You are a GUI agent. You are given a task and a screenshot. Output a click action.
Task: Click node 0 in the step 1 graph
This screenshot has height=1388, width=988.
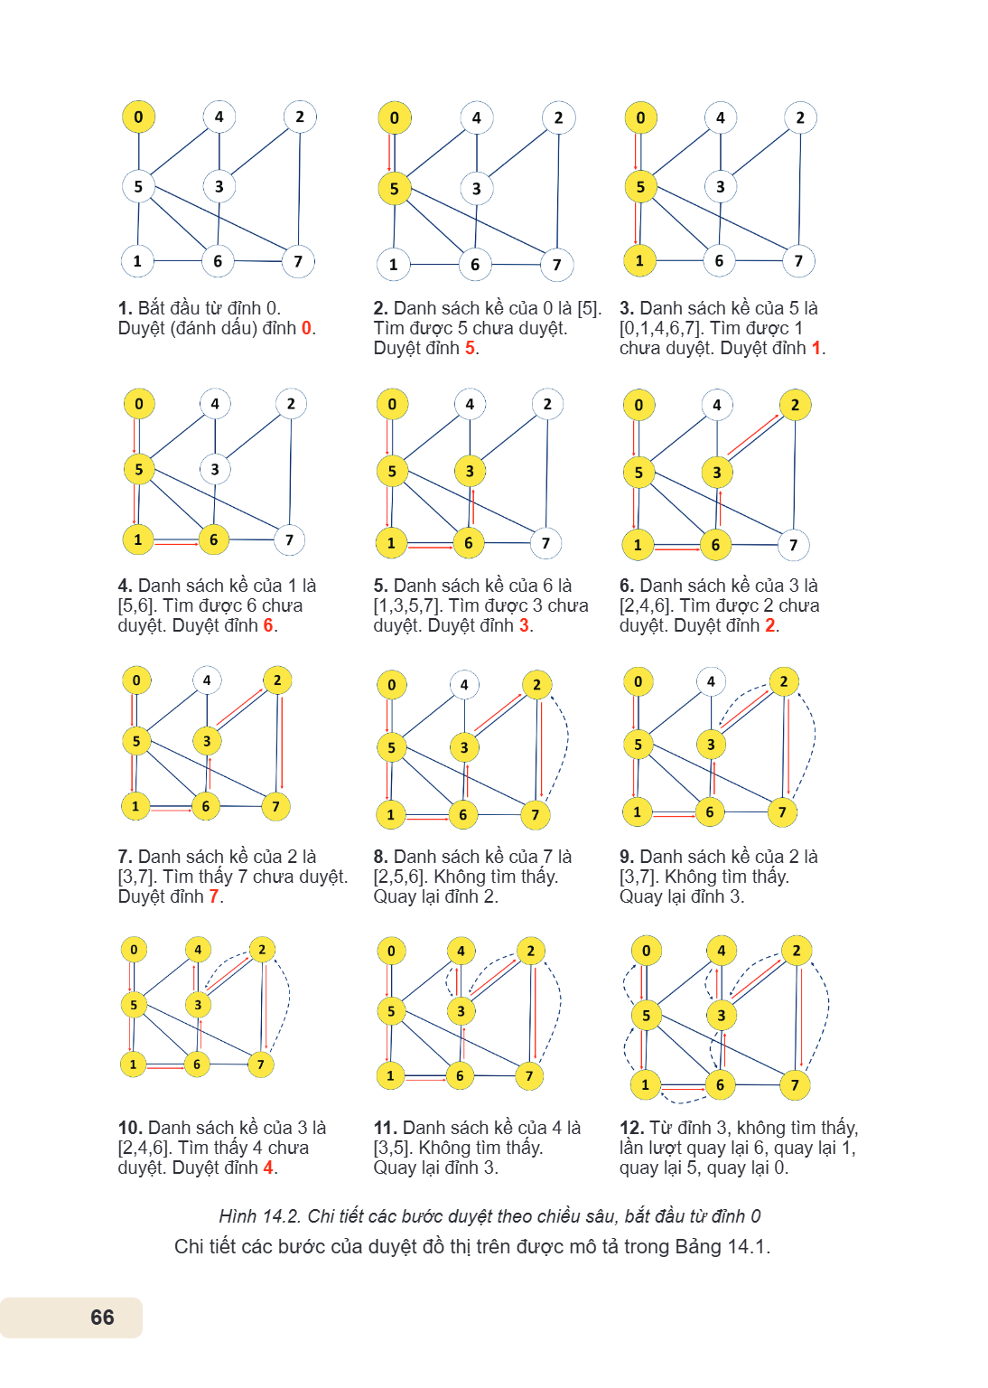point(138,117)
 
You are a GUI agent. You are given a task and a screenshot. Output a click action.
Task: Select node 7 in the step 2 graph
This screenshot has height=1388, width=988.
point(557,265)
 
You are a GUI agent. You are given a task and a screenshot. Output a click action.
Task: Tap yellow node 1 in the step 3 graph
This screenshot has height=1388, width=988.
point(640,261)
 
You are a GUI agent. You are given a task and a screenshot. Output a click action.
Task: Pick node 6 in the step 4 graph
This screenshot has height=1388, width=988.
point(214,539)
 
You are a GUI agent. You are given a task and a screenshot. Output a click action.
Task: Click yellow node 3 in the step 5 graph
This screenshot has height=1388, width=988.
point(470,472)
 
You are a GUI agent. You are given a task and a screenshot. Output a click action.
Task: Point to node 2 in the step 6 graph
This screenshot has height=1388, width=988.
point(796,405)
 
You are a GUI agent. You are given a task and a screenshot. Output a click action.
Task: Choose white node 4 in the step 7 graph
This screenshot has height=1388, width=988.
point(207,680)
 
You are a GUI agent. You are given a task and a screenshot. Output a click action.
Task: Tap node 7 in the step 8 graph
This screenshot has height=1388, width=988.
point(536,815)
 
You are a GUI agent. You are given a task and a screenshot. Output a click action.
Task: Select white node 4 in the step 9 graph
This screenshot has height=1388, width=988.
point(711,681)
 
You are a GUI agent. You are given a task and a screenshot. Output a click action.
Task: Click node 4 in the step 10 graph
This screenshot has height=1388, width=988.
point(198,950)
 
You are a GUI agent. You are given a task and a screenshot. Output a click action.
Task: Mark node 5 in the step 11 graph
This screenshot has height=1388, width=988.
point(391,1012)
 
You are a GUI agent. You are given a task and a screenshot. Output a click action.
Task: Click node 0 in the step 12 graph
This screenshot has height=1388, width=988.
point(646,952)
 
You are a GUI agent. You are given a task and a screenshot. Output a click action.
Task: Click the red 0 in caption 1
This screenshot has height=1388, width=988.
point(307,328)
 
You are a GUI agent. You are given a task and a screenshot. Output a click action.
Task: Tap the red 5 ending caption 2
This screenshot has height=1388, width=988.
point(471,348)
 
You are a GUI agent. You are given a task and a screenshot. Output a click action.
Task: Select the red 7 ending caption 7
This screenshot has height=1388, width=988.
point(214,896)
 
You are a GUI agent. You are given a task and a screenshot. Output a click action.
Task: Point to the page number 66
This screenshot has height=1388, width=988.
point(102,1318)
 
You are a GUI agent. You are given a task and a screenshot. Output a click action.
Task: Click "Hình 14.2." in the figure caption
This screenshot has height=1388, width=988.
point(260,1217)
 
